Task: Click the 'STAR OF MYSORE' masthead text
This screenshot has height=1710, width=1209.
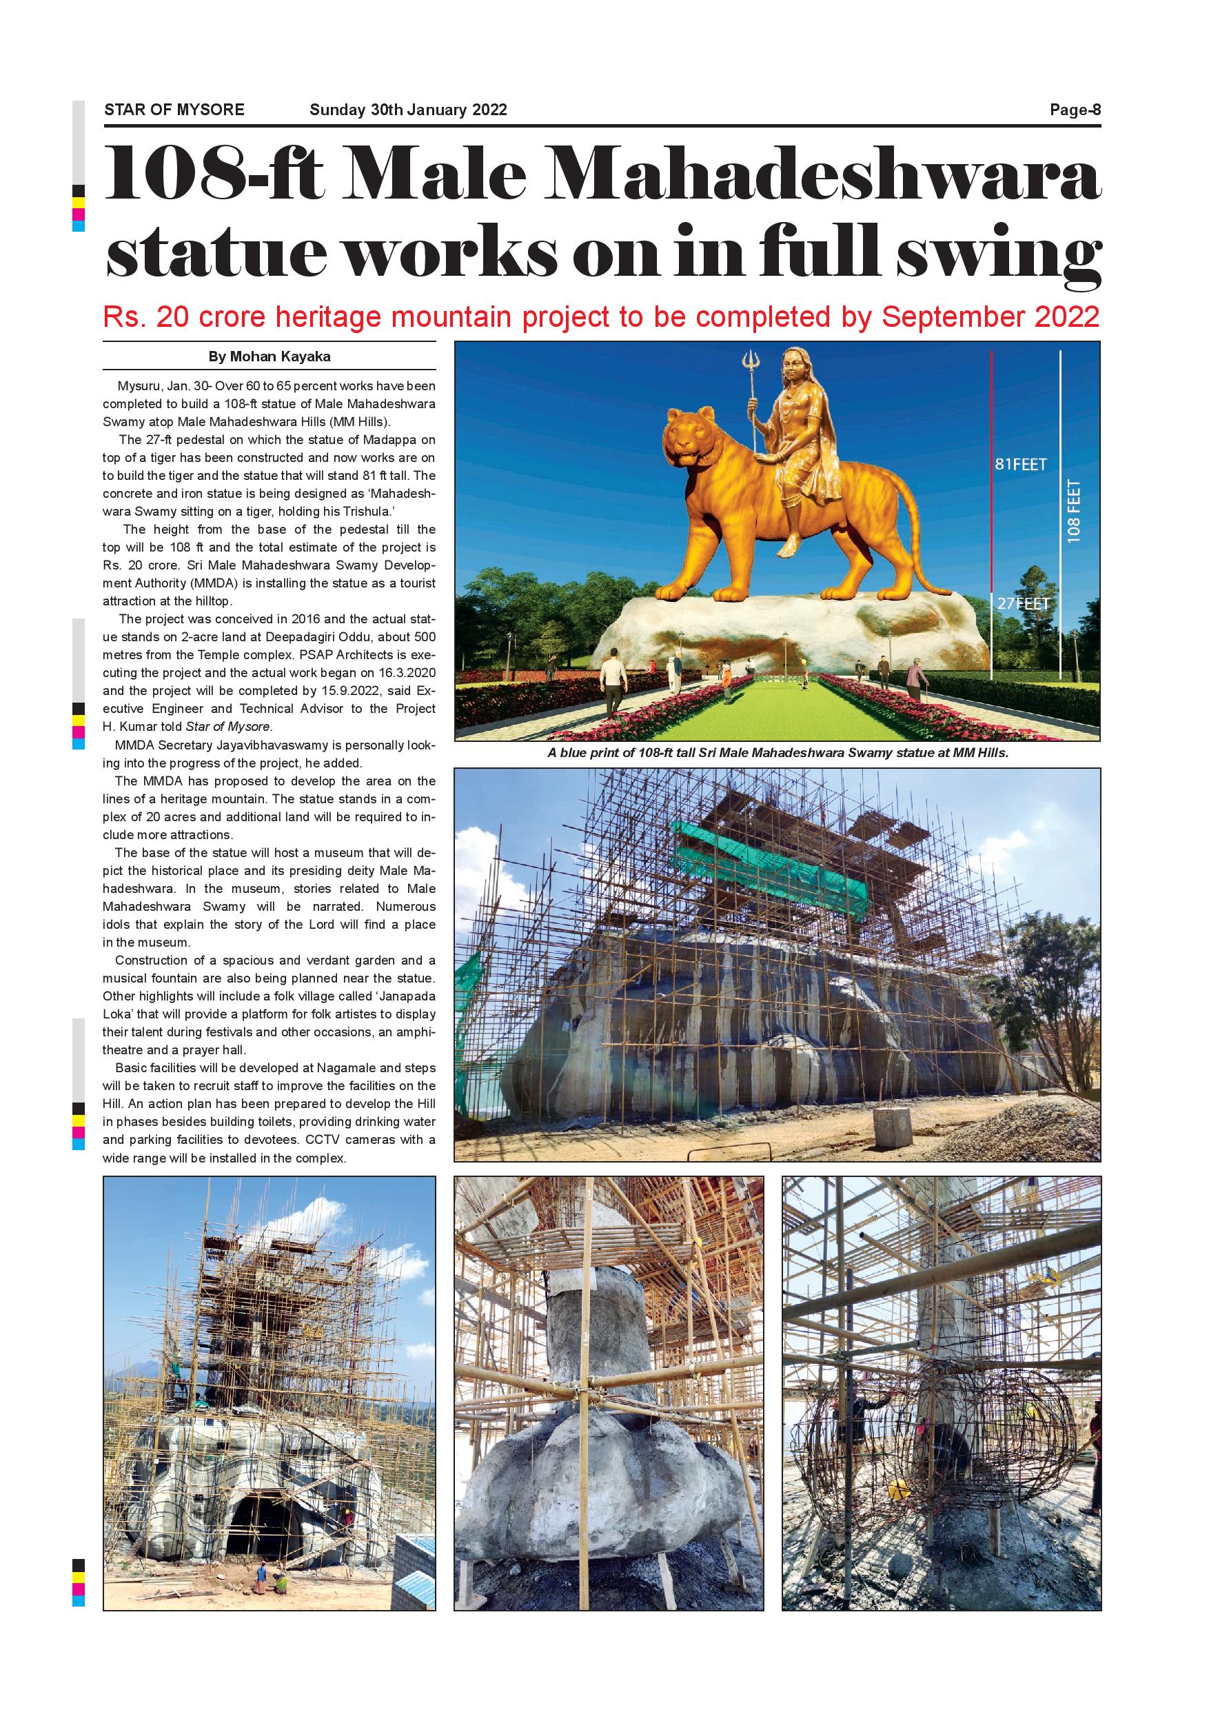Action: (174, 110)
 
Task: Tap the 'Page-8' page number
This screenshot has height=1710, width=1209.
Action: (1075, 110)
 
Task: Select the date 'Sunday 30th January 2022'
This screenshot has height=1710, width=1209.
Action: (408, 110)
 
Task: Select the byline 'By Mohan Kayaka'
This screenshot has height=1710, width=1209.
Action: (269, 356)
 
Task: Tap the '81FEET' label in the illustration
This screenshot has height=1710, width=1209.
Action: (1021, 465)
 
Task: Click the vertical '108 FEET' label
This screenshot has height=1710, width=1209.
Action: (1073, 511)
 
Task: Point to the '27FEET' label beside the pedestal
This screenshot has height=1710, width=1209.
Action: (1023, 604)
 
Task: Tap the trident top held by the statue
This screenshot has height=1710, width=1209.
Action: (751, 364)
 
